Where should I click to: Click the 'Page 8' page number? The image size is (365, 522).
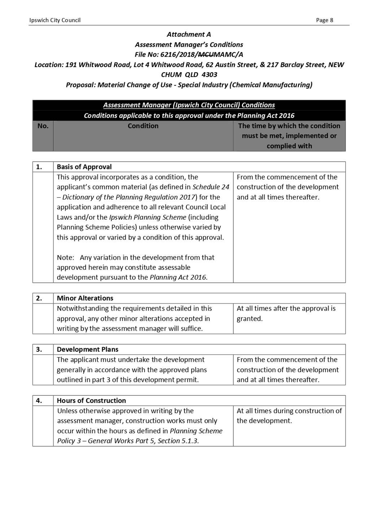(324, 20)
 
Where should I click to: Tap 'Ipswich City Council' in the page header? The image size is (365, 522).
(55, 20)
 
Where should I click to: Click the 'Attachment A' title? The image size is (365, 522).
(189, 35)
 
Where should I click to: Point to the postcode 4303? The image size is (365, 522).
(209, 75)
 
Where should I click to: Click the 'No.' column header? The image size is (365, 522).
(43, 126)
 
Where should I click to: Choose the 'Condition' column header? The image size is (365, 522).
(143, 126)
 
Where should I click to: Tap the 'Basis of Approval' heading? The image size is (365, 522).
(84, 167)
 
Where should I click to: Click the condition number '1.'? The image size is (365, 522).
(39, 167)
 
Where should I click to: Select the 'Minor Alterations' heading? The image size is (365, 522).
(85, 298)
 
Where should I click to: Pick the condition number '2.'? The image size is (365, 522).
(39, 298)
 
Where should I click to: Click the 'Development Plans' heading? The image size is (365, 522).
(87, 350)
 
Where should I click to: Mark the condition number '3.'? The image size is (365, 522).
(39, 350)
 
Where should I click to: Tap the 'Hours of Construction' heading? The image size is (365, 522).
(91, 401)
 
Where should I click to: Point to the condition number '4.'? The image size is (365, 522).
(39, 401)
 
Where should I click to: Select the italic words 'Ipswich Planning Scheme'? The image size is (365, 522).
(148, 218)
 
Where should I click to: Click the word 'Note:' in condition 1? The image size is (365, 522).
(65, 258)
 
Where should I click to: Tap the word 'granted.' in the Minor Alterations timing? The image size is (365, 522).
(250, 319)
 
